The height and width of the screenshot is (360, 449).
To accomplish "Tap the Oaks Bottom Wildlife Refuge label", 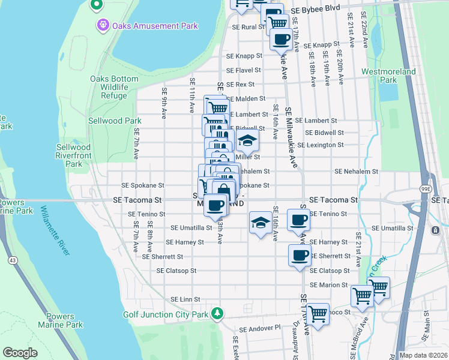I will point(110,87).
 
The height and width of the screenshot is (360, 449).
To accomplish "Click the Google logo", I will point(20,352).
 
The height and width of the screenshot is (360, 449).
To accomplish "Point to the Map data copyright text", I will point(423,355).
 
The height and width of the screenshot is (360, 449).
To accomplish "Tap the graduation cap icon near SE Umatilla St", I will point(260,223).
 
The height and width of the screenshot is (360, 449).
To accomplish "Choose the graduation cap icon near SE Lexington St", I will point(246,142).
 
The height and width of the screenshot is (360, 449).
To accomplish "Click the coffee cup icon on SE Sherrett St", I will point(300,255).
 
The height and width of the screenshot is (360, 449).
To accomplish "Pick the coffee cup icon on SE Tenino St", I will point(298,219).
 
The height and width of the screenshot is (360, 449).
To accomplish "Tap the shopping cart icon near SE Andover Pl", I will point(318,313).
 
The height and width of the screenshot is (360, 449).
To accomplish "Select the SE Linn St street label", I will point(185,299).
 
